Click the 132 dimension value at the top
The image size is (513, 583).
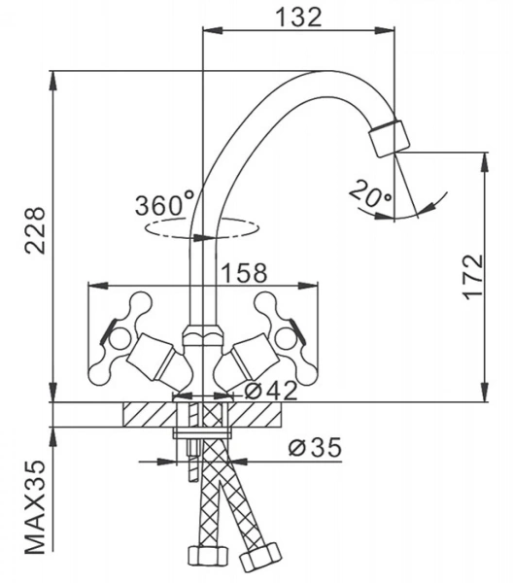[x=299, y=17]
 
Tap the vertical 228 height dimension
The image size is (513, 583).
[x=35, y=230]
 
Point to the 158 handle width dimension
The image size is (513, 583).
[x=244, y=273]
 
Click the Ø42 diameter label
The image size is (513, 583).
[x=272, y=391]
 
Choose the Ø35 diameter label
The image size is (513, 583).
[x=315, y=447]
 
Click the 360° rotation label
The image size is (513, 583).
[x=164, y=203]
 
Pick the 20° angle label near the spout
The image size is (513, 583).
[x=370, y=193]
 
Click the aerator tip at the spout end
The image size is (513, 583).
[x=390, y=138]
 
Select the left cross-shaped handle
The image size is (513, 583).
[x=119, y=337]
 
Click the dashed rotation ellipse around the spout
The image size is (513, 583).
[x=201, y=227]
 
